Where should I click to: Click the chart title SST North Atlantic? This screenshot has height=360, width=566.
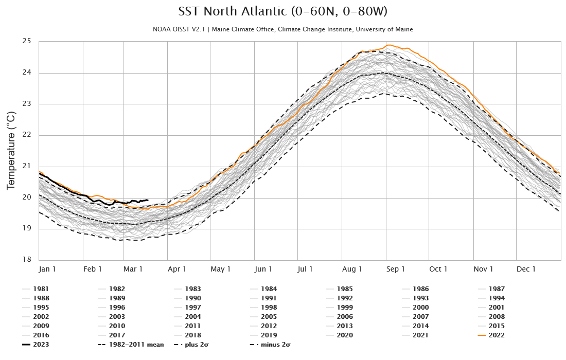point(282,12)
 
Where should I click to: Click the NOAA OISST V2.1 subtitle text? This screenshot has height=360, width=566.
point(282,29)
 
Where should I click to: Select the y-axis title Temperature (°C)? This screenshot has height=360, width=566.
point(11,150)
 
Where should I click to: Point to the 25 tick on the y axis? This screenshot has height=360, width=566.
point(27,41)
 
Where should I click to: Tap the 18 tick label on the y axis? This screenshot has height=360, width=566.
point(27,260)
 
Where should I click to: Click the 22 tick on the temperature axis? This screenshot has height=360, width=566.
point(27,135)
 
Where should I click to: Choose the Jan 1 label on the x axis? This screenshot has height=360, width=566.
point(48,269)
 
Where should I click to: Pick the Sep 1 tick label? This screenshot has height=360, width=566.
point(396,269)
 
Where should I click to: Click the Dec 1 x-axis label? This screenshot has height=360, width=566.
point(526,269)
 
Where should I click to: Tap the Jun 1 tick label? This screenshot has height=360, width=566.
point(263,269)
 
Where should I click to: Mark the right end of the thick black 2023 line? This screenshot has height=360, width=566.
point(148,200)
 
